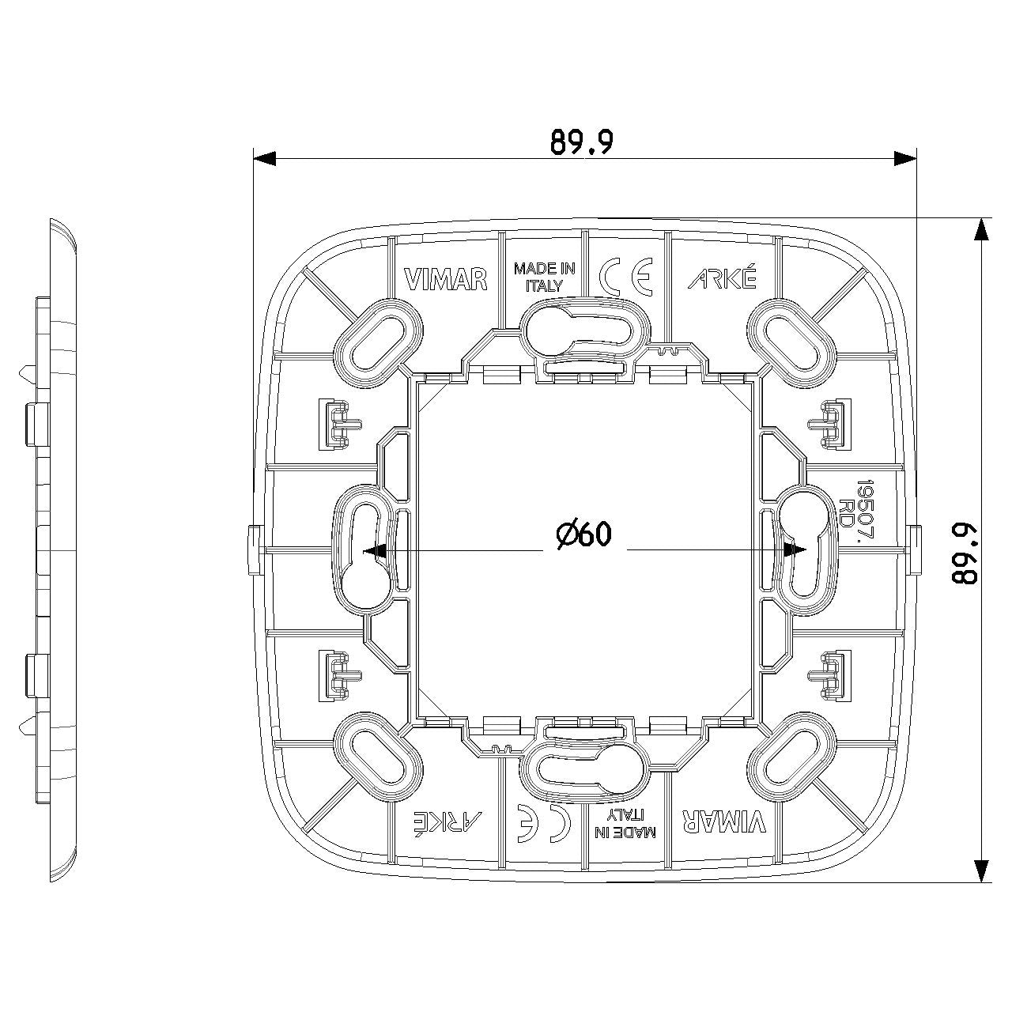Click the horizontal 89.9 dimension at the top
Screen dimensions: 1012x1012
(582, 142)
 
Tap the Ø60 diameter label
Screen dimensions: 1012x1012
(584, 534)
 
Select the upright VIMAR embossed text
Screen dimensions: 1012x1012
(446, 279)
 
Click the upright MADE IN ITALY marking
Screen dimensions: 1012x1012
(544, 278)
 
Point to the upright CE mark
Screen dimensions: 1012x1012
(626, 277)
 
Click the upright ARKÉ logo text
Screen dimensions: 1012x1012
(723, 278)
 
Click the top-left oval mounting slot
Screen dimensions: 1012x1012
(378, 342)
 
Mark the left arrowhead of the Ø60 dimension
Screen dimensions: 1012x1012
(375, 550)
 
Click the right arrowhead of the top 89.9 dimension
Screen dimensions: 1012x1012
(904, 158)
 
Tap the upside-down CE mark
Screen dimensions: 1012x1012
(543, 824)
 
